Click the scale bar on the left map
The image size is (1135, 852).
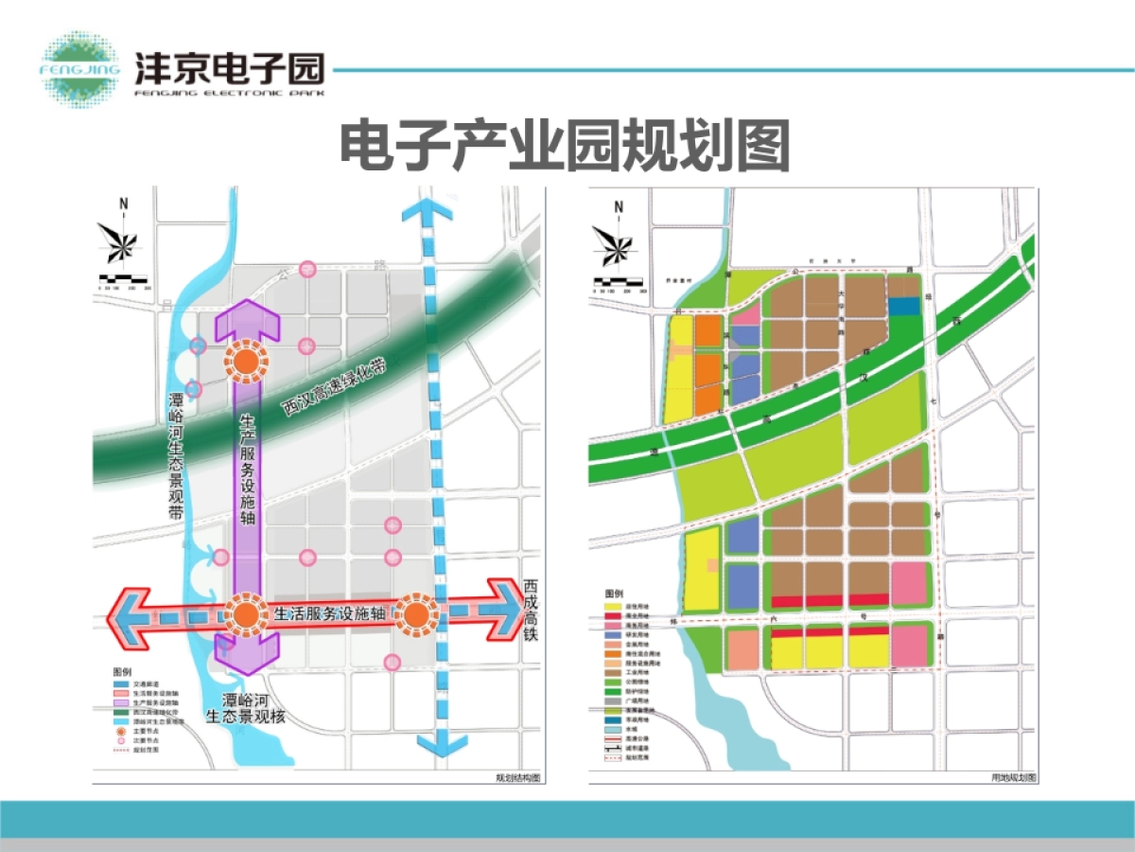123,280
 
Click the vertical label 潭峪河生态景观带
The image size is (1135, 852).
175,455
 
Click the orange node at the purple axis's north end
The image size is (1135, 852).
246,360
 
